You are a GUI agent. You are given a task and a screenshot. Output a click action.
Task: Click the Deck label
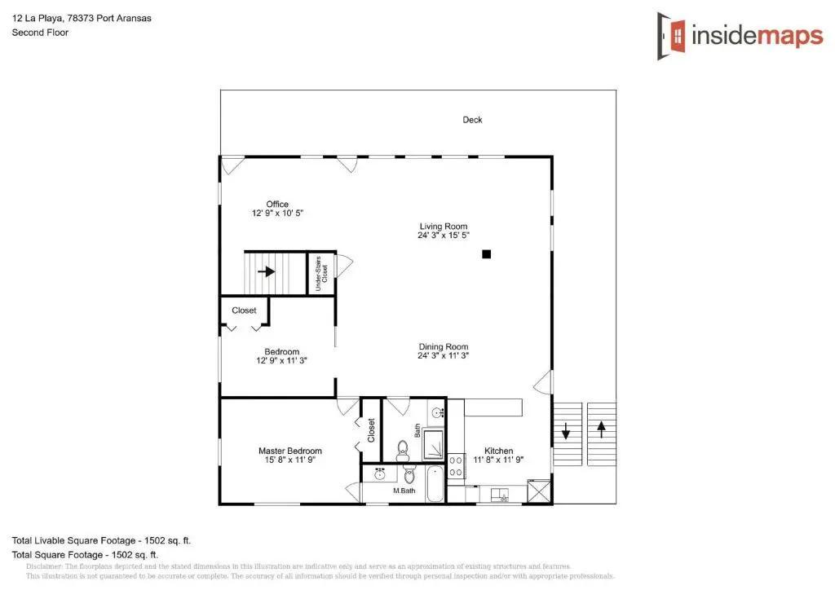click(472, 120)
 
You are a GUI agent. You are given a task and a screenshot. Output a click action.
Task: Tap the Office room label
click(277, 204)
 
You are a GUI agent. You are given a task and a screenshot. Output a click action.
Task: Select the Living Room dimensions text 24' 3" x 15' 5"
click(444, 236)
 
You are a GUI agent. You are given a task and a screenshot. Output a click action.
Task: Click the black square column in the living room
click(486, 254)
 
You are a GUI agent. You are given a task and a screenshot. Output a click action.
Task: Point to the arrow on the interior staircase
click(267, 272)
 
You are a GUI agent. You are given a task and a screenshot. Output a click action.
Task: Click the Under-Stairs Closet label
click(321, 274)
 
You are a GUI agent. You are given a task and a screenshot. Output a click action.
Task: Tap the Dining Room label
click(444, 346)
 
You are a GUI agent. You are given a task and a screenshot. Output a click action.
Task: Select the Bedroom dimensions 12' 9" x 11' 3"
click(281, 360)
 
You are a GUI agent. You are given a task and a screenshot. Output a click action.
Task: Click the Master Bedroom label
click(290, 451)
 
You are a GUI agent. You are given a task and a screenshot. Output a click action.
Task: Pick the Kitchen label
click(499, 451)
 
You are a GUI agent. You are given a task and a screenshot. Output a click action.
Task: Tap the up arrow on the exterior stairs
click(601, 429)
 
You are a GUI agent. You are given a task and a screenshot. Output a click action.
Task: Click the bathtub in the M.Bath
click(435, 483)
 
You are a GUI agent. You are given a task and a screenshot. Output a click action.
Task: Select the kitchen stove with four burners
click(455, 467)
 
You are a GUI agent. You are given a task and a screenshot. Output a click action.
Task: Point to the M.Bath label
click(404, 491)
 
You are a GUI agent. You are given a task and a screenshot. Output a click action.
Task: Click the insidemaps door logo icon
click(671, 36)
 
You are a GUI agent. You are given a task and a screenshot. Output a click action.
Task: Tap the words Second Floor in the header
click(41, 33)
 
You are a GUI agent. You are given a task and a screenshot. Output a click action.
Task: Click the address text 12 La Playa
click(38, 18)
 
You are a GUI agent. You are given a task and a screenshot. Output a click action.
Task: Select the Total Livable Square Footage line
click(101, 540)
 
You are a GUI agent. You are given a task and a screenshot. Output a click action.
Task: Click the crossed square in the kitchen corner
click(538, 491)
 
